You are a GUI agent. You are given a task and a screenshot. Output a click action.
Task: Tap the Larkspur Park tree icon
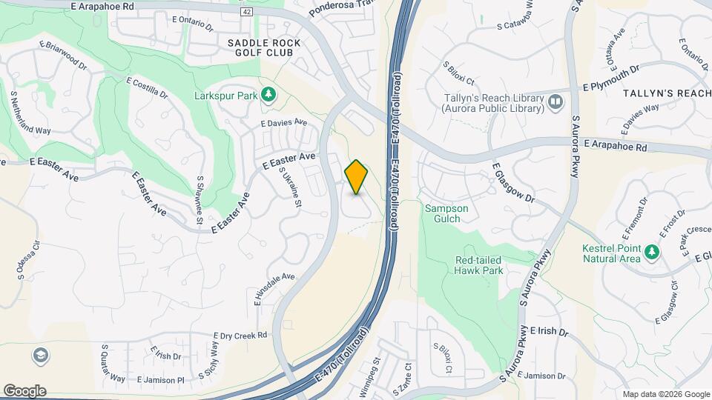[268, 95]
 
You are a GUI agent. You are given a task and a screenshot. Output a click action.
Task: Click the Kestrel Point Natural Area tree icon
[652, 252]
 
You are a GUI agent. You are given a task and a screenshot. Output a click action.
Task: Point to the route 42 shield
[246, 11]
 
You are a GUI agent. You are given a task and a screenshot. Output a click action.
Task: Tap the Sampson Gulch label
[446, 213]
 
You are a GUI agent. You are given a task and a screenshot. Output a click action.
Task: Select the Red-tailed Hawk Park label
[479, 265]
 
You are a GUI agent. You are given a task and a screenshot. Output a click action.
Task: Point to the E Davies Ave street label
[284, 122]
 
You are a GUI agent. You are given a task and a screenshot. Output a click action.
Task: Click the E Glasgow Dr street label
[512, 183]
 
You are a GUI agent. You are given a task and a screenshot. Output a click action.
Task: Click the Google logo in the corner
[24, 391]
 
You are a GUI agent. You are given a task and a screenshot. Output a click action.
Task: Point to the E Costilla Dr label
[147, 87]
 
